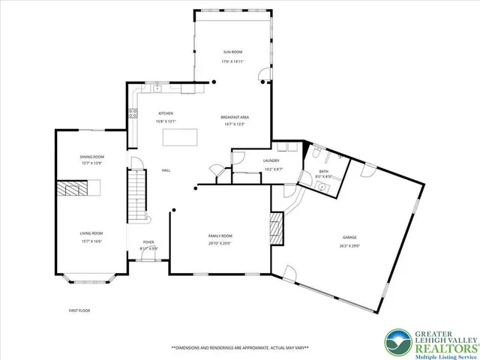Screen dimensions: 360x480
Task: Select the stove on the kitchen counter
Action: [133, 114]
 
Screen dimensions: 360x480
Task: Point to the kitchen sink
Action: [158, 88]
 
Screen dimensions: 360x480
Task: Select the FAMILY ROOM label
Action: [220, 235]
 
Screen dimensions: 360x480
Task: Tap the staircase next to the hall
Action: [136, 193]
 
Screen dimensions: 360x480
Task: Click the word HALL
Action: [166, 170]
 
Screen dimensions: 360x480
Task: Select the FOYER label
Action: [148, 242]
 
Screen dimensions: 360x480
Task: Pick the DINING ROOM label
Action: [92, 157]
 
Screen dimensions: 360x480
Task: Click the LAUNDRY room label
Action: [271, 161]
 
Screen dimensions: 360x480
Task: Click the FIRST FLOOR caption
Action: [78, 310]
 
